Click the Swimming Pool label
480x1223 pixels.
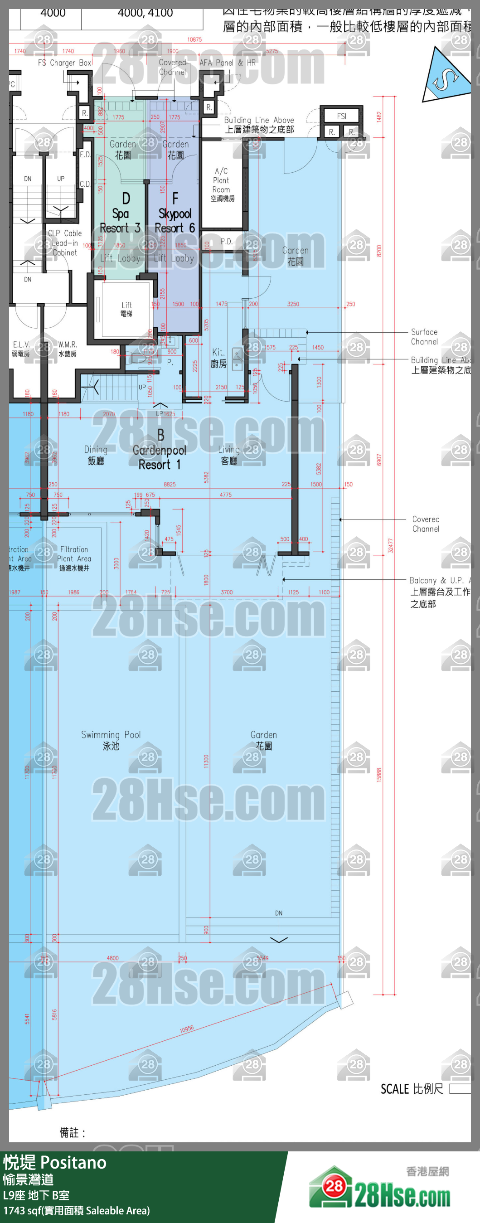(111, 740)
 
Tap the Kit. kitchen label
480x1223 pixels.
(218, 358)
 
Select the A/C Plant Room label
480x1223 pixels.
(222, 184)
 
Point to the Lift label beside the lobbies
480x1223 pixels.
(126, 309)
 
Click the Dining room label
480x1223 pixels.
(96, 454)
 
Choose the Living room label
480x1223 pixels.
(229, 454)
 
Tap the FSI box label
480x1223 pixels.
(341, 116)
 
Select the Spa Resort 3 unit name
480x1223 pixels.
(120, 214)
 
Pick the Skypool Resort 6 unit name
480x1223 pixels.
(175, 214)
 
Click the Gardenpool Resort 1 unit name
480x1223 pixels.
(160, 450)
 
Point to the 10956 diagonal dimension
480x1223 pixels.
(187, 1029)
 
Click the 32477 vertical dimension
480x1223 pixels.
(390, 545)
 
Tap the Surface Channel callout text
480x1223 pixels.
(424, 337)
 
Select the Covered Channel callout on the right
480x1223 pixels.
(426, 524)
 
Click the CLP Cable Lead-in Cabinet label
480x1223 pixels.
(64, 243)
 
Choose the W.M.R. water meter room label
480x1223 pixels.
(68, 349)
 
